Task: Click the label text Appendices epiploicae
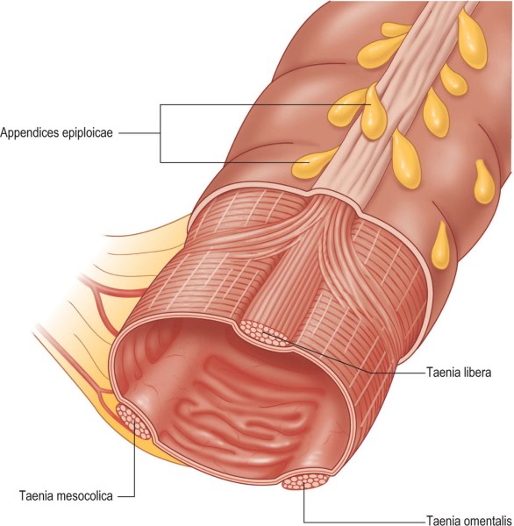click(x=56, y=133)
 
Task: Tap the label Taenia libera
click(x=459, y=373)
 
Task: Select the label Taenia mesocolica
click(x=66, y=496)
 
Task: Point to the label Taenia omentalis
click(x=469, y=520)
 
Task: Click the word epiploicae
click(x=88, y=134)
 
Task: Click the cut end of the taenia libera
click(x=265, y=334)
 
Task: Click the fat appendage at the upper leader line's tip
click(x=374, y=112)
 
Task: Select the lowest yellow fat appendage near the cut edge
click(x=440, y=245)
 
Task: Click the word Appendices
click(x=30, y=134)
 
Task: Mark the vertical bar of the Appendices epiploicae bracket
click(x=161, y=133)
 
